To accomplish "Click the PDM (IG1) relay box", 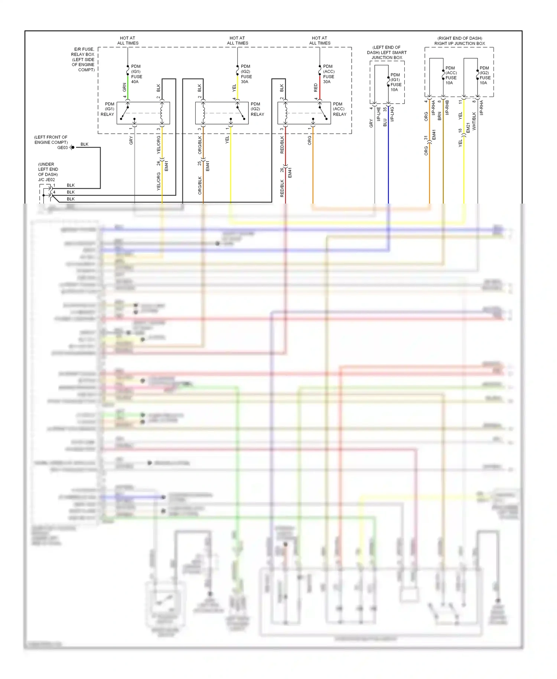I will (143, 113).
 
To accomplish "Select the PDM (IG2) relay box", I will (222, 113).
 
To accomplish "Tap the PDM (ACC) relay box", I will (304, 113).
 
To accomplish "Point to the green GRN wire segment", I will (128, 86).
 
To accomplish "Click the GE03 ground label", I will (62, 147).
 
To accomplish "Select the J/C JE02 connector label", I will (46, 180).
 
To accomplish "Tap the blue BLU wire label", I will (385, 122).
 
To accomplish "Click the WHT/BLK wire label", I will (474, 121).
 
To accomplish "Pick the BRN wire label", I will (440, 116).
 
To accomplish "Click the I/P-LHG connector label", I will (392, 114).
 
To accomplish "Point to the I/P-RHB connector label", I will (447, 107).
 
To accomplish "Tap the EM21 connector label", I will (468, 128).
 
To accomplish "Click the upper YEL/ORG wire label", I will (159, 145).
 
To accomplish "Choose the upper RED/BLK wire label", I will (282, 145).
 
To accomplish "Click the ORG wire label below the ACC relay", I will (309, 140).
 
